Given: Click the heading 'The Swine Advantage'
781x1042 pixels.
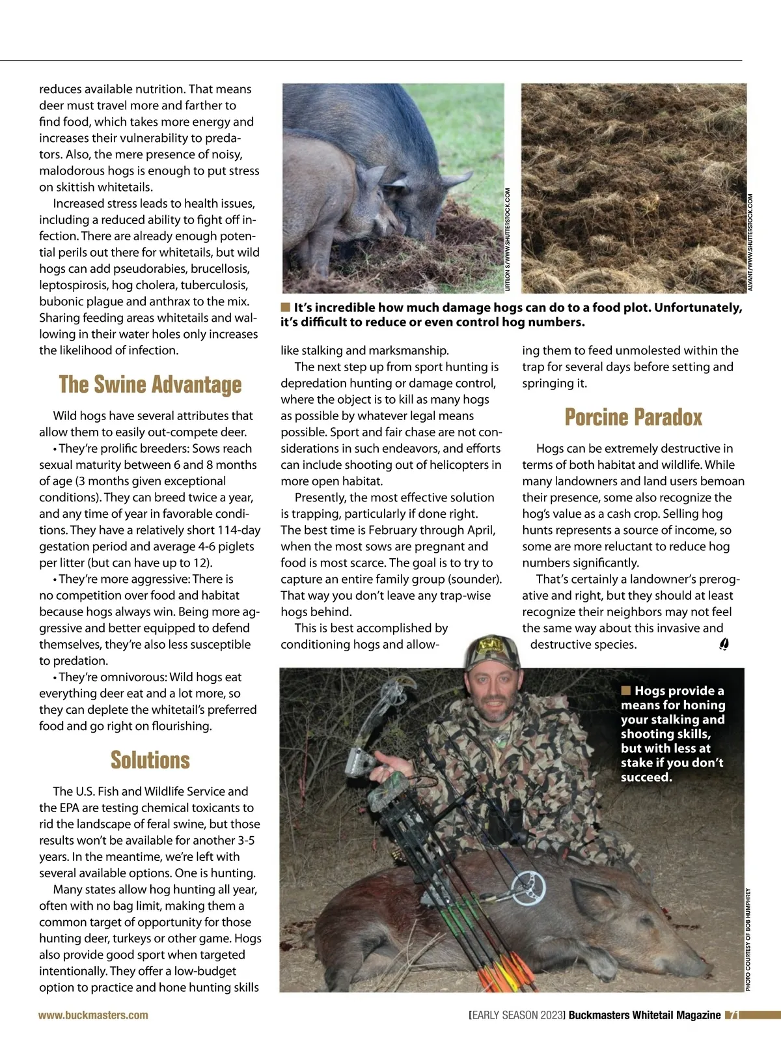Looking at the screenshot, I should (x=150, y=384).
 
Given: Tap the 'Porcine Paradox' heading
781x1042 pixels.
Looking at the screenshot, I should (x=633, y=417).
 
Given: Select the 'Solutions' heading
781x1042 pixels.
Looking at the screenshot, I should (x=150, y=760).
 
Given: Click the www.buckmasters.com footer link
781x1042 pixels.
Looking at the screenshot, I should (x=93, y=1015).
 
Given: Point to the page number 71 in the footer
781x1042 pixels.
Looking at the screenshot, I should (x=732, y=1015).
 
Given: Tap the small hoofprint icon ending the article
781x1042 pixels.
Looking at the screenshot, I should (x=724, y=644).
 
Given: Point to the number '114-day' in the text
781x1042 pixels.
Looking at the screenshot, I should (x=238, y=530).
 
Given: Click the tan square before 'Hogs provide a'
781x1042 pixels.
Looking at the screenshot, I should (x=626, y=690).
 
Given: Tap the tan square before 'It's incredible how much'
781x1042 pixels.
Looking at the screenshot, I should (x=285, y=307).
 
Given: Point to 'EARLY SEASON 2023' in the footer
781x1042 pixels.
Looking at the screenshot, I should (x=517, y=1015).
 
